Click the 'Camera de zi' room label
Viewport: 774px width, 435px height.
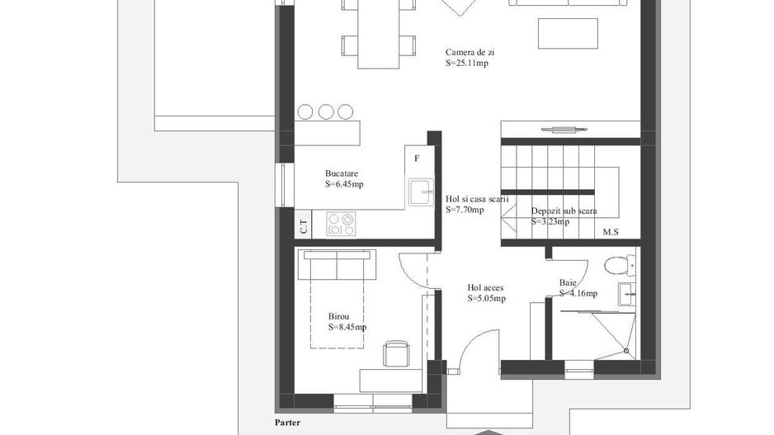coord(470,52)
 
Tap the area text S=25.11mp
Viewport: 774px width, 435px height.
coord(466,64)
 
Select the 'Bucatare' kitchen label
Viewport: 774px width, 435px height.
coord(341,173)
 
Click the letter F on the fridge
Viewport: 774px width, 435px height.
coord(417,158)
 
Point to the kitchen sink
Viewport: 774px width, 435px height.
coord(421,192)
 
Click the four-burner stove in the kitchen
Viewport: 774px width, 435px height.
coord(341,225)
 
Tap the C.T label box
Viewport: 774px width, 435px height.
coord(304,225)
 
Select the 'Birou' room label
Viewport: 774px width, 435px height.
coord(338,316)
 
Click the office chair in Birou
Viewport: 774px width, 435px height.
coord(396,353)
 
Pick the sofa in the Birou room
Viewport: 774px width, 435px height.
coord(337,264)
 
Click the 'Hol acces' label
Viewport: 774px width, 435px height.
coord(485,287)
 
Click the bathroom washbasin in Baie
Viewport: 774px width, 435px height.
coord(627,295)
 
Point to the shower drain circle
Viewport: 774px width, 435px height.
coord(626,351)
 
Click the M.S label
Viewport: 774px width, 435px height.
coord(611,232)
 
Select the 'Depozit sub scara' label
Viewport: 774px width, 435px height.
coord(564,210)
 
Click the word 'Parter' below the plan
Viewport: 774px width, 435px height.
coord(287,423)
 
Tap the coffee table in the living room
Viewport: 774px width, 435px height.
coord(568,34)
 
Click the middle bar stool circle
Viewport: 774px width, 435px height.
coord(326,112)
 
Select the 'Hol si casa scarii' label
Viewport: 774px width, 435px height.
coord(477,199)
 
